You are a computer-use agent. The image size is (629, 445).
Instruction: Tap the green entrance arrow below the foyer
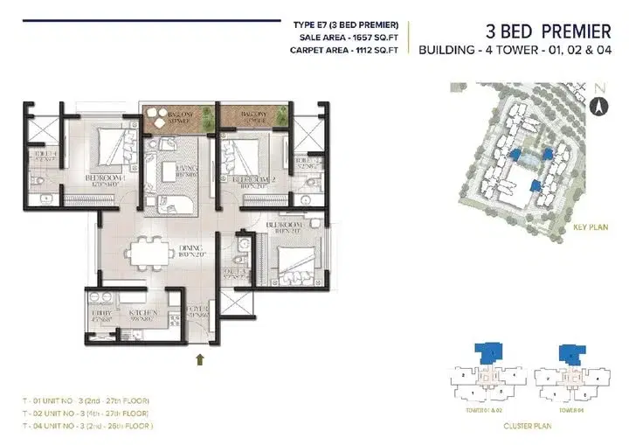203,358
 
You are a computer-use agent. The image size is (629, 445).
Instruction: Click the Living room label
185,170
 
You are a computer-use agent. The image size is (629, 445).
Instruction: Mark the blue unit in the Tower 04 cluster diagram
572,354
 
